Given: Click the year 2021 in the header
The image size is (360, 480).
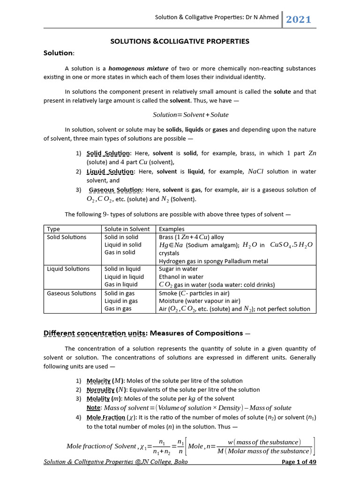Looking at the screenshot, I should click(298, 19).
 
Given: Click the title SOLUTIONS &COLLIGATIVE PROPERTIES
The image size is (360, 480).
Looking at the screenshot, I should click(180, 41).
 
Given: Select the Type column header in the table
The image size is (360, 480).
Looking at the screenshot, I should click(54, 229).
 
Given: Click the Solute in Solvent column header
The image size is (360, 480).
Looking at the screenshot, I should click(127, 229).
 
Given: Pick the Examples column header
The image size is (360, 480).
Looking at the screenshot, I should click(172, 229).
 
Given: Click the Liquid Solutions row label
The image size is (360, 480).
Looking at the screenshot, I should click(68, 269).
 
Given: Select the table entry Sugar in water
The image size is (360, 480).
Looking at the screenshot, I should click(179, 269).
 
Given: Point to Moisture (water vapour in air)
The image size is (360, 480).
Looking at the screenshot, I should click(200, 301).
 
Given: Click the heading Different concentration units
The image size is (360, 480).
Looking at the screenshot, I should click(95, 333).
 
